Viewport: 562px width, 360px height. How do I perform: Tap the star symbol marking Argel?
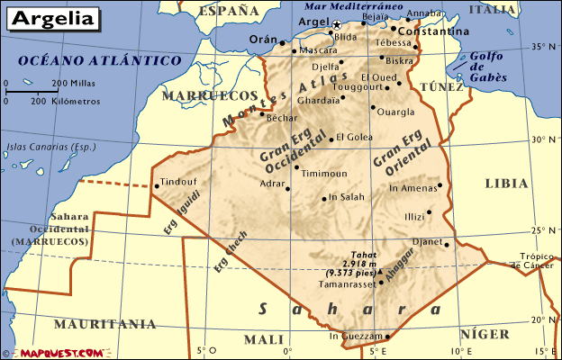point(337,24)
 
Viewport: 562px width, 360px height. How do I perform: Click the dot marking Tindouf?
point(157,187)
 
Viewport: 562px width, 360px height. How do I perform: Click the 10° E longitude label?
point(461,351)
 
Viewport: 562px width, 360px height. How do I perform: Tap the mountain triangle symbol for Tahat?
point(380,270)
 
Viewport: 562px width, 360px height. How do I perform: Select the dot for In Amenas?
point(440,186)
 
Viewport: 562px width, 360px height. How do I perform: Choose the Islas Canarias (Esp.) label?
point(38,147)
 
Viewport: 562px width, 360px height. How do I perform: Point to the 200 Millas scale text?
point(72,83)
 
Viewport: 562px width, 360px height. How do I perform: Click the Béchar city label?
point(282,118)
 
